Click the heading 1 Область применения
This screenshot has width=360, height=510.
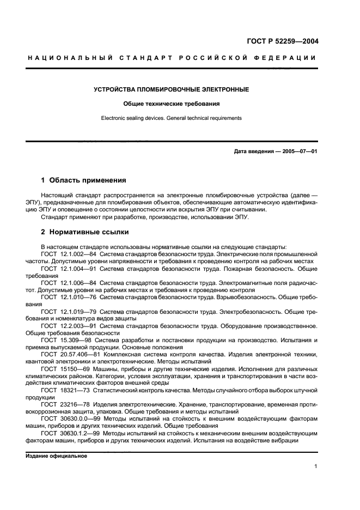(x=83, y=180)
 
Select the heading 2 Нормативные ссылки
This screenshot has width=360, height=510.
(x=81, y=231)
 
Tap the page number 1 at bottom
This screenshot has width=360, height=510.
(x=316, y=466)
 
